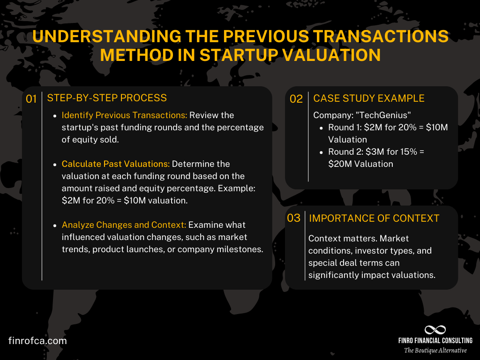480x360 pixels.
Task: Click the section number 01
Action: (31, 99)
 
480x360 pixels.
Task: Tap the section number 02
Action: (296, 99)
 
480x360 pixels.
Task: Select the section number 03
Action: (293, 218)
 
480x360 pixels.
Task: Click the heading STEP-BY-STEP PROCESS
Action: (107, 98)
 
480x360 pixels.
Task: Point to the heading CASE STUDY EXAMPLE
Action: (369, 98)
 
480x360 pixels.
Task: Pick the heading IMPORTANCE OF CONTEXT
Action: (374, 218)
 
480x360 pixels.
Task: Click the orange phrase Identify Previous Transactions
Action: (124, 115)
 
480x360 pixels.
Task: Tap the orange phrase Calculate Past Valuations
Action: (116, 164)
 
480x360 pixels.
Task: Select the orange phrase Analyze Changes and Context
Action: (124, 225)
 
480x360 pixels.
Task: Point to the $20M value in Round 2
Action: (338, 164)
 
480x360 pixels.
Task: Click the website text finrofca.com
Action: (37, 341)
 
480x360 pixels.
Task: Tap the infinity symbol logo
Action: (435, 330)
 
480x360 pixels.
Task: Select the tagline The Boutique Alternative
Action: (435, 351)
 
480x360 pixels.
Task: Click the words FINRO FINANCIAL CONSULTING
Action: (435, 341)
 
